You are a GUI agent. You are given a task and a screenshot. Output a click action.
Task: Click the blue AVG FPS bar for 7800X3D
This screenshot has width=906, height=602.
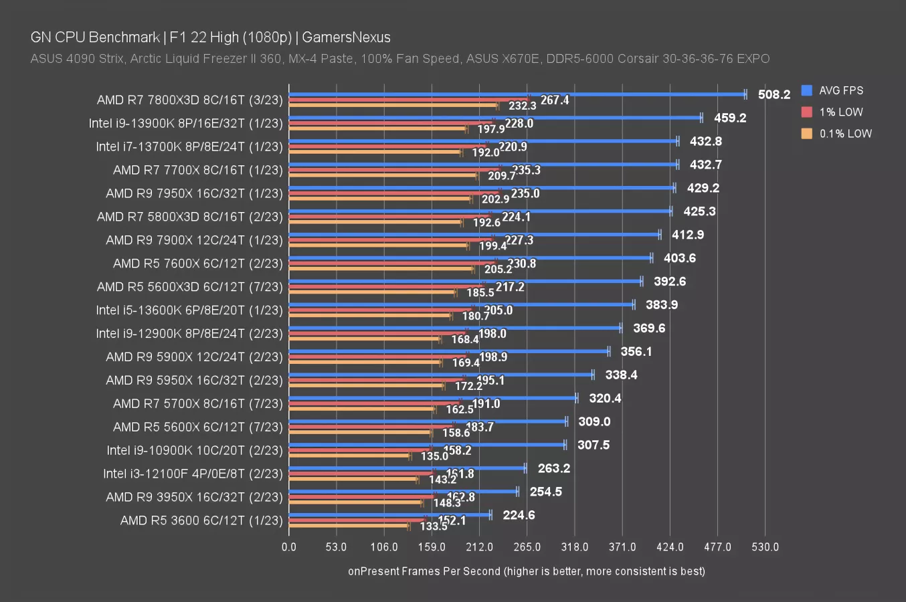pos(517,94)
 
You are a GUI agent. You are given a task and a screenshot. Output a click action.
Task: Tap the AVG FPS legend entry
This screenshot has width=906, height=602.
pos(840,90)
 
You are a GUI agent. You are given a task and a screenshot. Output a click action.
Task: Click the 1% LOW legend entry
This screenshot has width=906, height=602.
pos(840,112)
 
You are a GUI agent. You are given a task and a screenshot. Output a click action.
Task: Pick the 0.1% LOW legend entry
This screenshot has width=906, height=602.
pos(845,133)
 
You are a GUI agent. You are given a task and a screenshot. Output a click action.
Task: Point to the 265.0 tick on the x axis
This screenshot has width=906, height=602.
pos(527,547)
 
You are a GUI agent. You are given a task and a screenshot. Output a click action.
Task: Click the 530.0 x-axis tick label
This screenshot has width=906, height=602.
pos(765,547)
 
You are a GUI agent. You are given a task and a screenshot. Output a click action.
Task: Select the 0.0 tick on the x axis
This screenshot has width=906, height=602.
pos(288,547)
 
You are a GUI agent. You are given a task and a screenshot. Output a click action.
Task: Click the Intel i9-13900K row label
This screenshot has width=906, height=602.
pos(185,123)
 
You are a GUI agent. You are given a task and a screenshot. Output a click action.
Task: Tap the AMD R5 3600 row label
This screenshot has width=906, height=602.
pos(201,520)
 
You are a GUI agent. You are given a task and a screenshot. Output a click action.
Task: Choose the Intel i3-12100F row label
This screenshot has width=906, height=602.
pos(193,474)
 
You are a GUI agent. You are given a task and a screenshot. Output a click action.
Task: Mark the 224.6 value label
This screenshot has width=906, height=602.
pos(519,515)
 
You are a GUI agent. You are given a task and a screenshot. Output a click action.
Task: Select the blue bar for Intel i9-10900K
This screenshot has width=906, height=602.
pos(427,444)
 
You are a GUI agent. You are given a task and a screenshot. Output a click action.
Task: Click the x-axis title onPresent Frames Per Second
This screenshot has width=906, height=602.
pos(527,571)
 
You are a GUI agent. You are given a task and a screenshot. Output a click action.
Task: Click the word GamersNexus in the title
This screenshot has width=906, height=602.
pos(346,37)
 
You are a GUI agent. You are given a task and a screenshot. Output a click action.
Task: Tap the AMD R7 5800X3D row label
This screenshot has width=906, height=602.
pos(189,217)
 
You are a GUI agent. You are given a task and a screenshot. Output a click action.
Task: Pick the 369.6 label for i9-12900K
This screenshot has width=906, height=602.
pos(649,328)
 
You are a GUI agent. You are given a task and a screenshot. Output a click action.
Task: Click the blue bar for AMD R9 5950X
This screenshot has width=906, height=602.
pos(441,375)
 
